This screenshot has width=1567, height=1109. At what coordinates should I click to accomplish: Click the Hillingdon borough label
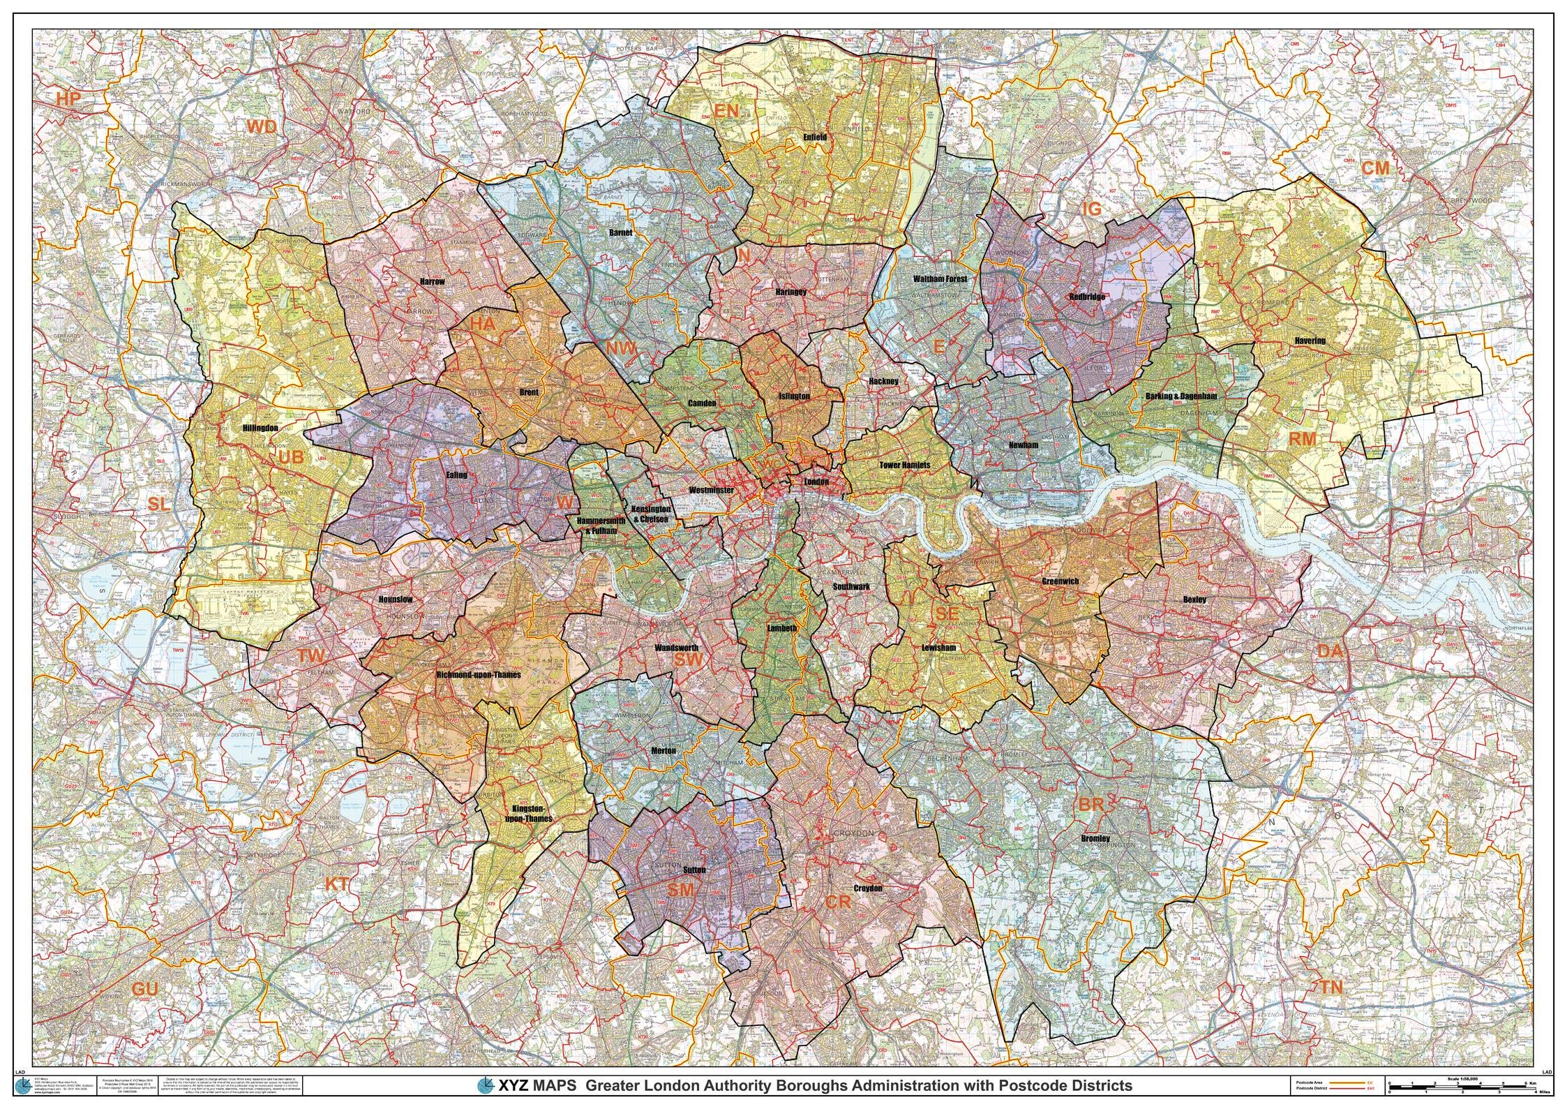[260, 428]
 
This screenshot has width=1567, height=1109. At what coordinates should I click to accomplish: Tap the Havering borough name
[1309, 341]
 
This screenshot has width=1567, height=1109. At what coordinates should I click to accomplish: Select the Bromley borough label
[1095, 838]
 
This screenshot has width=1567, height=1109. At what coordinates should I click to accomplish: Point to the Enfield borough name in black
[814, 137]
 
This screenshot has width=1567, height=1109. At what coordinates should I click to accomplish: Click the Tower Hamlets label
[904, 465]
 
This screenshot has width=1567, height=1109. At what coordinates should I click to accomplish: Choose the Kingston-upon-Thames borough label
[528, 814]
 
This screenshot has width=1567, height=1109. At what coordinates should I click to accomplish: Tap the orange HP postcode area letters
[69, 100]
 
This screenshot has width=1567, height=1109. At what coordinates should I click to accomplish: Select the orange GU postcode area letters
[144, 989]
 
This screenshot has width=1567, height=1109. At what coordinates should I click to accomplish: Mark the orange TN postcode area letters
[1330, 987]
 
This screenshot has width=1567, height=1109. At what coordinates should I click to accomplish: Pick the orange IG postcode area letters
[1090, 209]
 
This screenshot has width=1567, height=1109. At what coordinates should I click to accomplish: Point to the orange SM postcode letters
[681, 890]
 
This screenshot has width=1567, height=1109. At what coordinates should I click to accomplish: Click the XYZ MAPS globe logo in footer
[486, 1085]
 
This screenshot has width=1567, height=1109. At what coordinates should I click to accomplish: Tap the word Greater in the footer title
[616, 1086]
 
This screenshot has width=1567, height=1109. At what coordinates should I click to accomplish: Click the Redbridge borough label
[1087, 297]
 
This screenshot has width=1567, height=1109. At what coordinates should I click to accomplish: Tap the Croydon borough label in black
[868, 888]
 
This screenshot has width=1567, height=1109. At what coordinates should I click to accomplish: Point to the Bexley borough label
[1194, 600]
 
